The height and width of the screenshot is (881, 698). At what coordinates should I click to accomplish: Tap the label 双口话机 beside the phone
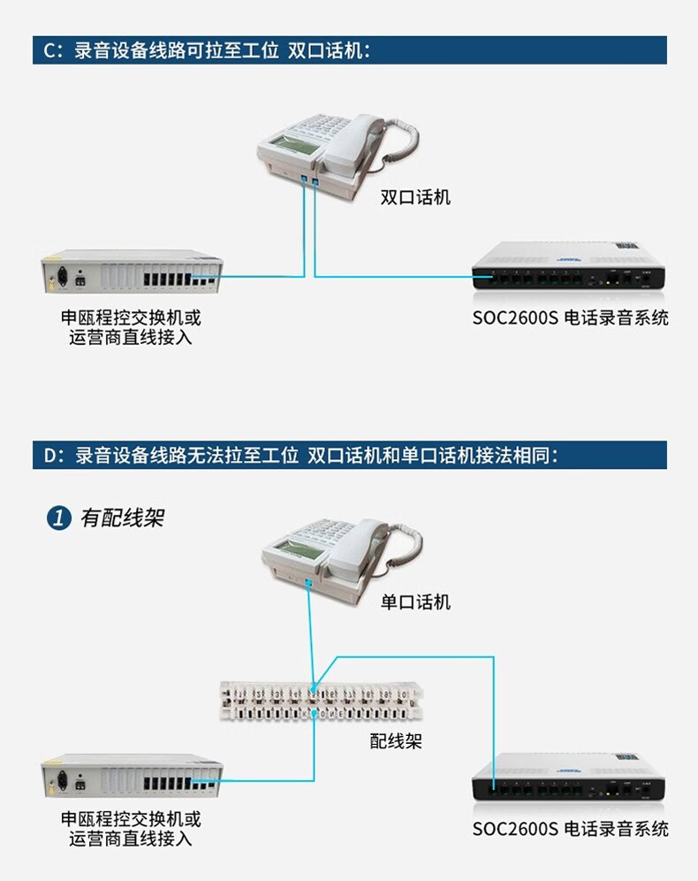pyautogui.click(x=415, y=197)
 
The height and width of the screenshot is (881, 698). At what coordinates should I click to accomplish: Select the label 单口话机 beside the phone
pyautogui.click(x=415, y=602)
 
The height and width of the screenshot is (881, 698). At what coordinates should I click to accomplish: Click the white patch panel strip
pyautogui.click(x=323, y=699)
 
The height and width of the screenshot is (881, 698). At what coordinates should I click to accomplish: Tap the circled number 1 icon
pyautogui.click(x=58, y=518)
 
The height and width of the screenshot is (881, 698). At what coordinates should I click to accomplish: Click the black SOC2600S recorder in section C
pyautogui.click(x=566, y=266)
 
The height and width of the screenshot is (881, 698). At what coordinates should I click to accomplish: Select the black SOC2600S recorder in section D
pyautogui.click(x=566, y=778)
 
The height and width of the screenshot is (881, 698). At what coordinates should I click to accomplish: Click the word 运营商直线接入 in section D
pyautogui.click(x=131, y=839)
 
